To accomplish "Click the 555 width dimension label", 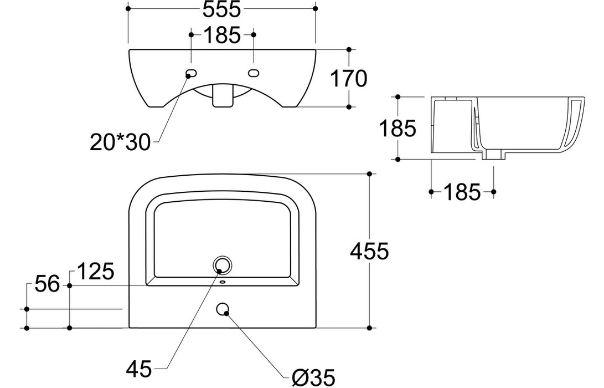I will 222,9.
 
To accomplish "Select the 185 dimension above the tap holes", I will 222,35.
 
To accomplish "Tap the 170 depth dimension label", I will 349,79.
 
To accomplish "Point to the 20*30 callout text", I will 120,143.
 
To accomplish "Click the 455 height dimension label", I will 369,252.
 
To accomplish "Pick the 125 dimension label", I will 95,272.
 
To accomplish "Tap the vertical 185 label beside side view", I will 397,128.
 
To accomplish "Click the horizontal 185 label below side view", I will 462,192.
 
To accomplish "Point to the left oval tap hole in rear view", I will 192,73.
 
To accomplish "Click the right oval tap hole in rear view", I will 254,73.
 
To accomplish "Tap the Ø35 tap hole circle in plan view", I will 223,309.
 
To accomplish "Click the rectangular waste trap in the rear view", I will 222,96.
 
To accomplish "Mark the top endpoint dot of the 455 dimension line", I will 369,173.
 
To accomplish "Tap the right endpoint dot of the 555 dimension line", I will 316,8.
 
